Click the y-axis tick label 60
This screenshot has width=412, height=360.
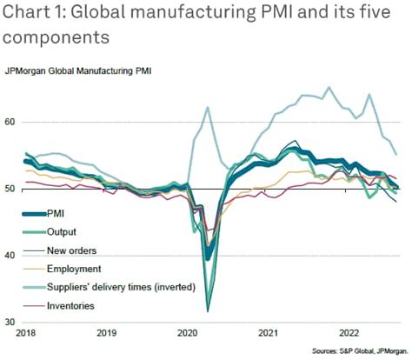click(x=10, y=123)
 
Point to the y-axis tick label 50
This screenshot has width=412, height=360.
click(x=10, y=189)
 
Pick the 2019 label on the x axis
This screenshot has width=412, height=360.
click(x=105, y=333)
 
